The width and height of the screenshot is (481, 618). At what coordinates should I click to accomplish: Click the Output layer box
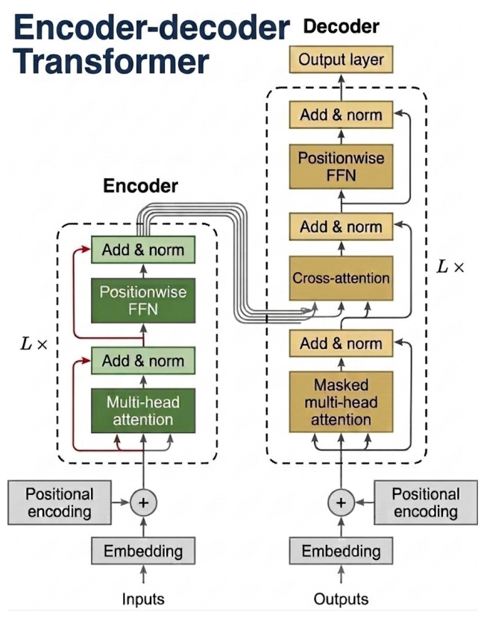(341, 60)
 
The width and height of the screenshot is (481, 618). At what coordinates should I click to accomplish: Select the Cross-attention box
(341, 278)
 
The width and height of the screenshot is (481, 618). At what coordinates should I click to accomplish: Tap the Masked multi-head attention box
(341, 402)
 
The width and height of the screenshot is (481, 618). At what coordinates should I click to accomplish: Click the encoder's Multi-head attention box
(143, 411)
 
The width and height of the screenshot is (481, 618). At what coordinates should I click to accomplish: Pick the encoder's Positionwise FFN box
(143, 300)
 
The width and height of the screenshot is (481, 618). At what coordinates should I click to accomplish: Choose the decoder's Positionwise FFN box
(341, 166)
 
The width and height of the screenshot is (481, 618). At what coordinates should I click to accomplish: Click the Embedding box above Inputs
(143, 551)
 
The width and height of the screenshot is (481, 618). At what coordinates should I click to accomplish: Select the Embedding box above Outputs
(341, 551)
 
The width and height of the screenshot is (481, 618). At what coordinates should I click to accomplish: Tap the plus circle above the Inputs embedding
(143, 502)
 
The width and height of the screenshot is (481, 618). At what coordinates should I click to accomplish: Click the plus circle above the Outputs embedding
(342, 502)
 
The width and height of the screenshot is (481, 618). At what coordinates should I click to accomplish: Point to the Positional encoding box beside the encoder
(60, 502)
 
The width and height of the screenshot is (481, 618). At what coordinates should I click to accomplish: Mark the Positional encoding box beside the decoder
(426, 502)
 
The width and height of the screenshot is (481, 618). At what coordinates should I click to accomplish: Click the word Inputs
(143, 599)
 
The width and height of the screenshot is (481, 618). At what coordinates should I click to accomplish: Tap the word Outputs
(341, 599)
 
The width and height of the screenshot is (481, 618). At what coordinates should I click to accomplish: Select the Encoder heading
(140, 186)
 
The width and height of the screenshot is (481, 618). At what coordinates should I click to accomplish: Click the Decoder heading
(342, 26)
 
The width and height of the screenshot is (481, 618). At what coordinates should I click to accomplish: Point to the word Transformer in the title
(111, 61)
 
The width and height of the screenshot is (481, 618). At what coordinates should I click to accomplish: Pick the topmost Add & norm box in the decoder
(341, 115)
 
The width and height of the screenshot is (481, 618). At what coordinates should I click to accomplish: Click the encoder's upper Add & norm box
(143, 250)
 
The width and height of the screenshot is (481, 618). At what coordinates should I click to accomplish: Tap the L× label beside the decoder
(450, 267)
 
